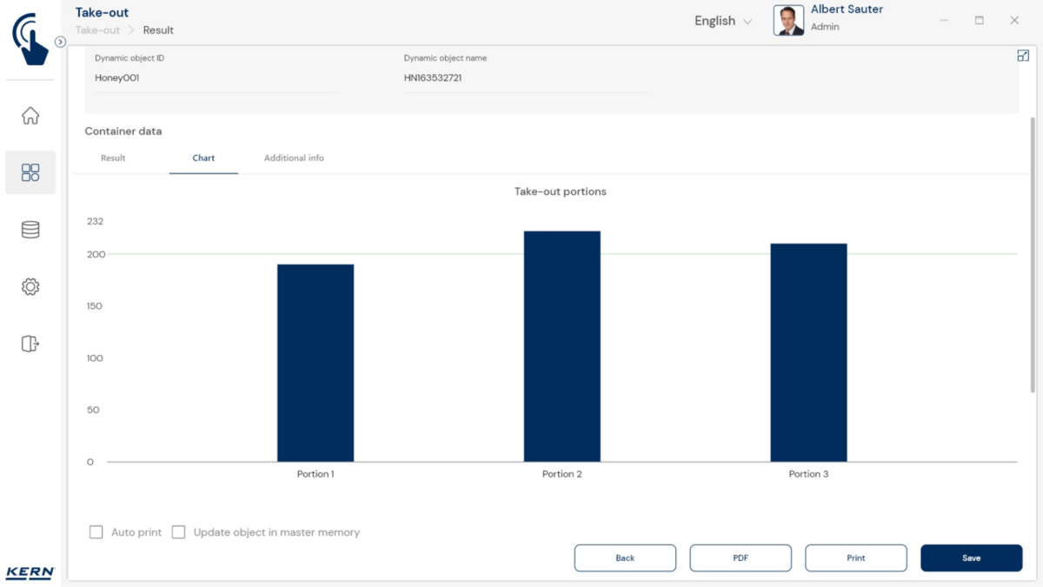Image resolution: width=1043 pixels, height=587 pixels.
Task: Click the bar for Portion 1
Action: coord(316,363)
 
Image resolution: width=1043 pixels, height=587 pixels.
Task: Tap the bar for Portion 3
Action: coord(808,352)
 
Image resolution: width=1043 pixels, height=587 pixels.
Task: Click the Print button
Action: coord(855,558)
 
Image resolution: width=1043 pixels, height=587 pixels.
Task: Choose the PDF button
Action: coord(741,558)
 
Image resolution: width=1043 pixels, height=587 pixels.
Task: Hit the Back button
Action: coord(625,558)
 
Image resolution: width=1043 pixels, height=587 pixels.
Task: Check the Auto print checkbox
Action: coord(96,532)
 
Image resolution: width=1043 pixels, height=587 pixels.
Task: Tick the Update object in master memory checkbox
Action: coord(179,532)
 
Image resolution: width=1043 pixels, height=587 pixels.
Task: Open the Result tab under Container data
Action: coord(113,158)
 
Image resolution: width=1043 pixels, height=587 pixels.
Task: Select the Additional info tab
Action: coord(294,158)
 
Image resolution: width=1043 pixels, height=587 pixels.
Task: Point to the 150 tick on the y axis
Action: coord(94,306)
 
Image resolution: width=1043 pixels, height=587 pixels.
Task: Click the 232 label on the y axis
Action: coord(95,222)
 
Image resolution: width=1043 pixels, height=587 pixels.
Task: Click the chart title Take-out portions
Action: coord(561,191)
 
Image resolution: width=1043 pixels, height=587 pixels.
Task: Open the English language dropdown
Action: coord(723,21)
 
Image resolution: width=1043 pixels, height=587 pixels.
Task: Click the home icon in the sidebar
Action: coord(30,116)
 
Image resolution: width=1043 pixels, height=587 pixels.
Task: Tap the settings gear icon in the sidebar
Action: coord(30,287)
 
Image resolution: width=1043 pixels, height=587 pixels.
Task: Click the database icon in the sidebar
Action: coord(30,230)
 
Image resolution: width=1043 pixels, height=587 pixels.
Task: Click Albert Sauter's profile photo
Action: coord(788,21)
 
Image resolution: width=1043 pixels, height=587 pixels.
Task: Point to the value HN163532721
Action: coord(433,78)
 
